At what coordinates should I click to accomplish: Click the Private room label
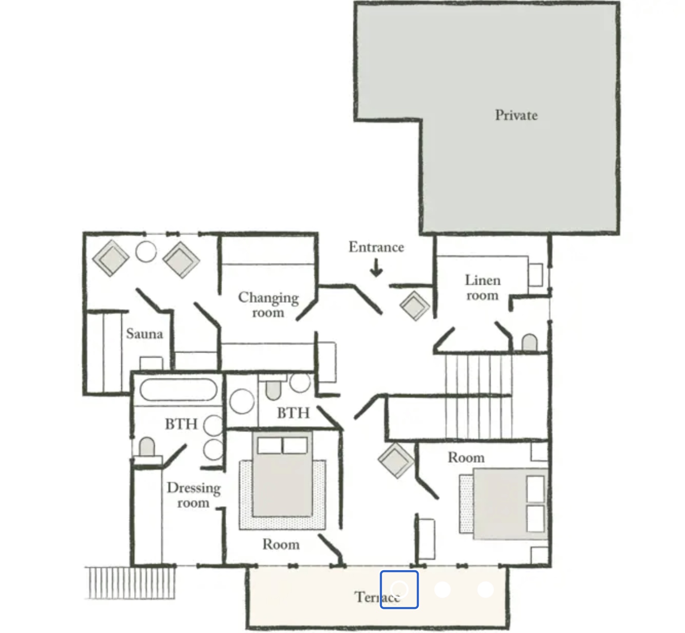click(516, 115)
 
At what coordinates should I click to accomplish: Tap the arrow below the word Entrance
click(376, 268)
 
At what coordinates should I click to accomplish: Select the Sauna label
click(144, 334)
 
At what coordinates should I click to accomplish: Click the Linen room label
click(483, 288)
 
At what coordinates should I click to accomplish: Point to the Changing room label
click(268, 305)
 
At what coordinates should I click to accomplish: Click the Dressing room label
click(193, 495)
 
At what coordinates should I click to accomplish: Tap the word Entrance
click(376, 247)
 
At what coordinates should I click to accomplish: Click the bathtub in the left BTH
click(178, 390)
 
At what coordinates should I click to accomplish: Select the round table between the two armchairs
click(146, 252)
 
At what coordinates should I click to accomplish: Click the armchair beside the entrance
click(414, 306)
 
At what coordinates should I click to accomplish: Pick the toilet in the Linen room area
click(529, 342)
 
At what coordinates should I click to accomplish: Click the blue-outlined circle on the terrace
click(399, 590)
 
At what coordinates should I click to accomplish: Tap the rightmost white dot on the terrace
click(485, 590)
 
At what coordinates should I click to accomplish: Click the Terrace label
click(377, 597)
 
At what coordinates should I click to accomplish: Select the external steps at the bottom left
click(132, 582)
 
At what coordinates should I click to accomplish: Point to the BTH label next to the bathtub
click(181, 424)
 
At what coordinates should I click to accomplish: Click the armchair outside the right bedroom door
click(396, 460)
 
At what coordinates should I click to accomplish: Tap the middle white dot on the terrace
click(442, 590)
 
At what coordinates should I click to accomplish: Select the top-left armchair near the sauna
click(111, 258)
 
